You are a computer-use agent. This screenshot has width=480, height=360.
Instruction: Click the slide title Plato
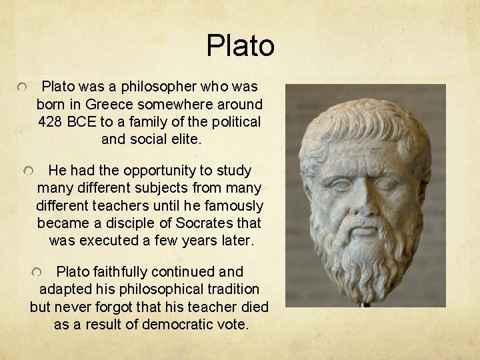coord(240,46)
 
